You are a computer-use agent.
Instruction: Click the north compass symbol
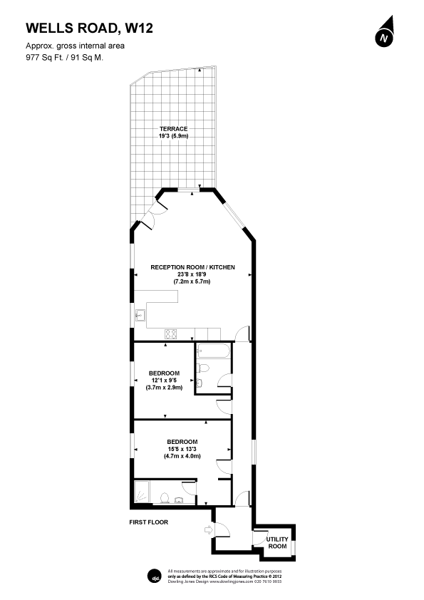[x=385, y=32]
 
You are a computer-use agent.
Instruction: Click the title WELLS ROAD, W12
[x=89, y=28]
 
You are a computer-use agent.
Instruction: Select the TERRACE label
[x=173, y=129]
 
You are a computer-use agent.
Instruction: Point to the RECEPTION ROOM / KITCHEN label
[x=192, y=267]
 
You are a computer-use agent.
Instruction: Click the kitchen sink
[x=140, y=315]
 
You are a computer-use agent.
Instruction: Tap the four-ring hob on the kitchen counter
[x=171, y=333]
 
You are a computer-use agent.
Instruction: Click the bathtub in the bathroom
[x=214, y=351]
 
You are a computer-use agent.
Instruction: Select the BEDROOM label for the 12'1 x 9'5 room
[x=164, y=373]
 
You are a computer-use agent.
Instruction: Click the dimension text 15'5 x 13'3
[x=182, y=449]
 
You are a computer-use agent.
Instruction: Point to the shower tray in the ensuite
[x=142, y=491]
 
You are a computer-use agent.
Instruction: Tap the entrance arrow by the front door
[x=209, y=529]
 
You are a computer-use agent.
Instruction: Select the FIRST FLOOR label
[x=148, y=522]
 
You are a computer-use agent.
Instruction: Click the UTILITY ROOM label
[x=277, y=542]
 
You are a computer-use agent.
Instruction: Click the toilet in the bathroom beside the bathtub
[x=203, y=368]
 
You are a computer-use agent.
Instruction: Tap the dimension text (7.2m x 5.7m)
[x=192, y=281]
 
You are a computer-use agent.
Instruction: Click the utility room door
[x=259, y=537]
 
